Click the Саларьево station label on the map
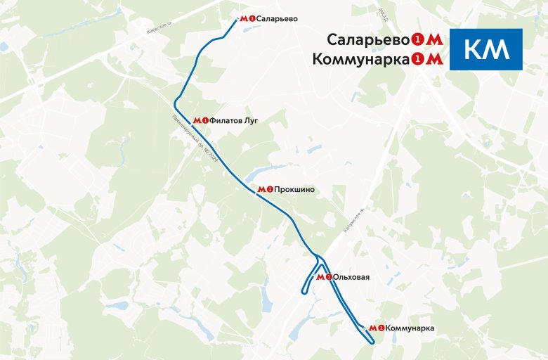[278, 19]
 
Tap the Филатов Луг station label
[234, 120]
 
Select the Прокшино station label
[294, 189]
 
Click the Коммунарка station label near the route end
[410, 328]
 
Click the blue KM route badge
[486, 49]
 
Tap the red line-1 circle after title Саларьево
[418, 39]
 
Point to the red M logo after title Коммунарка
[436, 60]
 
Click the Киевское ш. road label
[159, 27]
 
